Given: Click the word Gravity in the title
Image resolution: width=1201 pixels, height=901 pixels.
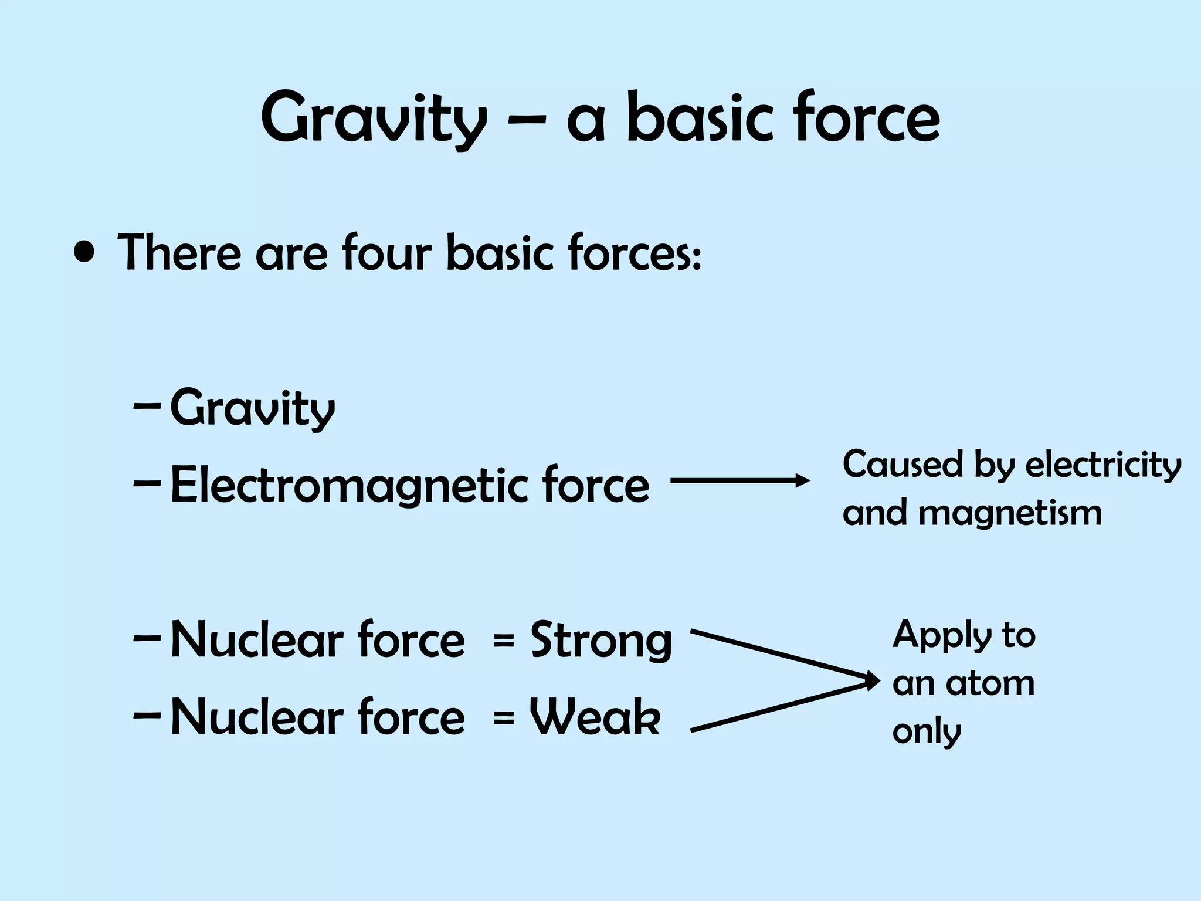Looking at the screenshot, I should coord(373,120).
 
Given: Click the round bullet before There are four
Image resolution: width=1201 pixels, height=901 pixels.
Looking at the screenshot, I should coord(86,253).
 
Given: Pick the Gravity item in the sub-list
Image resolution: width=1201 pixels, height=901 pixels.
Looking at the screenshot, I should coord(252,409).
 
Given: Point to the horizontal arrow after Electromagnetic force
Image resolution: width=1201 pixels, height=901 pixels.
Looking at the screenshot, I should coord(739,481).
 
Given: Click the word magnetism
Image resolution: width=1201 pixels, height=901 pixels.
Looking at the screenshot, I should coord(1010,513).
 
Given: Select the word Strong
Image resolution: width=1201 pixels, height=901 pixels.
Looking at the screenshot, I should coord(600,641).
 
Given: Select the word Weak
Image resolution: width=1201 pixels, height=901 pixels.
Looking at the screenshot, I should coord(595,717).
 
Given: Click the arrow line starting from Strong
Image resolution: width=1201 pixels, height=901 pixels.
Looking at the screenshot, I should coord(780,655).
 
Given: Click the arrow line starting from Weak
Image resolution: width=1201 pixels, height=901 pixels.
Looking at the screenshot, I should coord(780,707).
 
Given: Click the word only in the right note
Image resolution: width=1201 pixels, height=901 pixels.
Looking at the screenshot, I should coord(927,732).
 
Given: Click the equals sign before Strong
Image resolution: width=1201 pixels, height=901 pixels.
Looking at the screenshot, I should coord(504,641).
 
